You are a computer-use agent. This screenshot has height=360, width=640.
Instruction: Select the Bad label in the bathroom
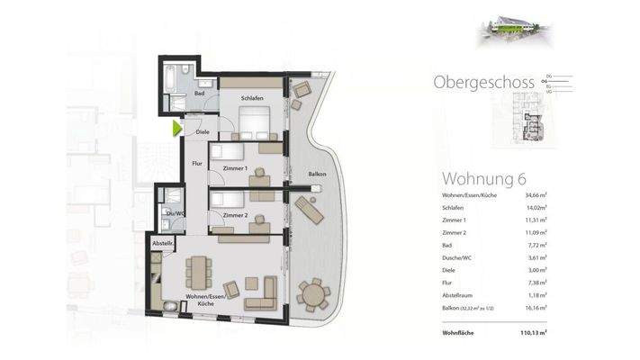[x=200, y=93]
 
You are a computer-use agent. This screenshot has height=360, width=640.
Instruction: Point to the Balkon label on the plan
[x=317, y=174]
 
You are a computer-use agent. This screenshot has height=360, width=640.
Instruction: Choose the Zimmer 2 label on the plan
[x=235, y=216]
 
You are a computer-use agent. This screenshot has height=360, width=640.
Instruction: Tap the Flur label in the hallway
[x=197, y=163]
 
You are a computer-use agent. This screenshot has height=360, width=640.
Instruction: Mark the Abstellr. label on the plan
[x=163, y=243]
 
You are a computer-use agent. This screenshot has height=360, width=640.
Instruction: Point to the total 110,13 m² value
[x=533, y=333]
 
